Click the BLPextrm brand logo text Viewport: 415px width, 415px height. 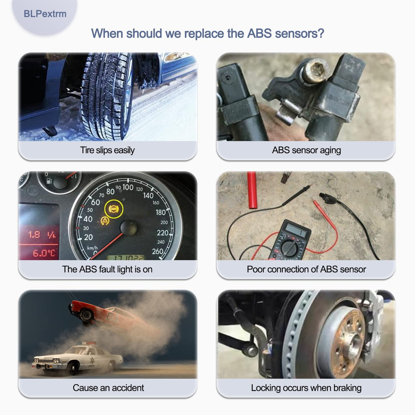pyautogui.click(x=45, y=14)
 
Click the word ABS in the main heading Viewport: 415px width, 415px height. pyautogui.click(x=259, y=33)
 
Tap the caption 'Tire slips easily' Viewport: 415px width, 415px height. pyautogui.click(x=107, y=150)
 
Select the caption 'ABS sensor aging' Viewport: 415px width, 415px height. pyautogui.click(x=306, y=150)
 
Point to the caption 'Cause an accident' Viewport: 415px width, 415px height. pyautogui.click(x=108, y=388)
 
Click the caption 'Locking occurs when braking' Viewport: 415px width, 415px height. pyautogui.click(x=306, y=388)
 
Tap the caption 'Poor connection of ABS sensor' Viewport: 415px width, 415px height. pyautogui.click(x=306, y=269)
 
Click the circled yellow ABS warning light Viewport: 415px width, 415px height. pyautogui.click(x=114, y=209)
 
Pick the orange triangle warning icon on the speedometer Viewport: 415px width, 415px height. pyautogui.click(x=105, y=220)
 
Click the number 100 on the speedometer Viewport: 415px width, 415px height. pyautogui.click(x=128, y=187)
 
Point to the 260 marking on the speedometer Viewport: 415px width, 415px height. pyautogui.click(x=157, y=251)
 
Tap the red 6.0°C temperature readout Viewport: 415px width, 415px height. pyautogui.click(x=44, y=253)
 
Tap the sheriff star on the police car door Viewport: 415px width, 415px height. pyautogui.click(x=92, y=360)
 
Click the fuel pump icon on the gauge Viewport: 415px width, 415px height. pyautogui.click(x=49, y=181)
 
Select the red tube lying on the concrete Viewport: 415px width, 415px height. pyautogui.click(x=252, y=190)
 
